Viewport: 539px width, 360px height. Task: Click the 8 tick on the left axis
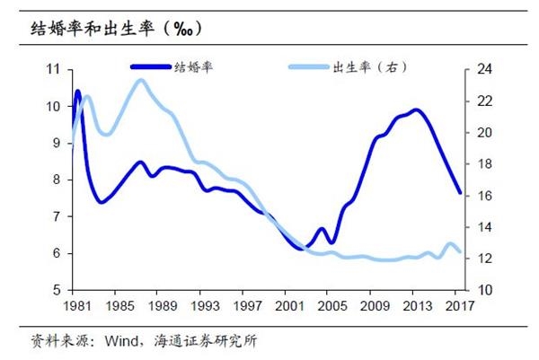(x=57, y=180)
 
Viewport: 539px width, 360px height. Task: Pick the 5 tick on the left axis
(x=57, y=291)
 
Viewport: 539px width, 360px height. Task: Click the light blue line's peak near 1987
(x=140, y=81)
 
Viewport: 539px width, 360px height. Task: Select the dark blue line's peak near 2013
(x=415, y=110)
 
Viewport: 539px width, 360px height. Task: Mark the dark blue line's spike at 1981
(x=77, y=92)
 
